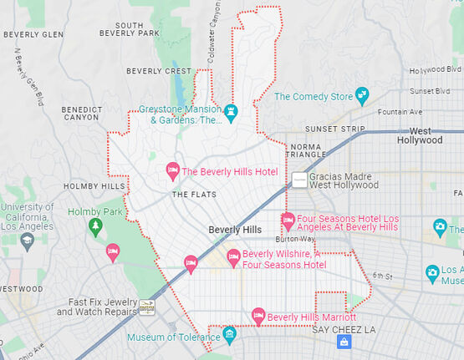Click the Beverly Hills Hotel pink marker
click(x=172, y=171)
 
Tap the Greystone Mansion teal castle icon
click(x=232, y=113)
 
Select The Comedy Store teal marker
click(x=362, y=96)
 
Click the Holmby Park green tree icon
click(x=95, y=226)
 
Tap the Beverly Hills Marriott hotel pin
click(x=258, y=317)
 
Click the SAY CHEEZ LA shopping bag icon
click(x=344, y=342)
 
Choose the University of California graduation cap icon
click(x=27, y=241)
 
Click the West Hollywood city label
click(x=426, y=135)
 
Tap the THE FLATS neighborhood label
click(x=193, y=195)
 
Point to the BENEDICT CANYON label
click(x=83, y=114)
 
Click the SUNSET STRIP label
click(x=334, y=129)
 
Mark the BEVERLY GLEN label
click(x=33, y=34)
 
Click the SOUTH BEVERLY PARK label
click(x=129, y=29)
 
